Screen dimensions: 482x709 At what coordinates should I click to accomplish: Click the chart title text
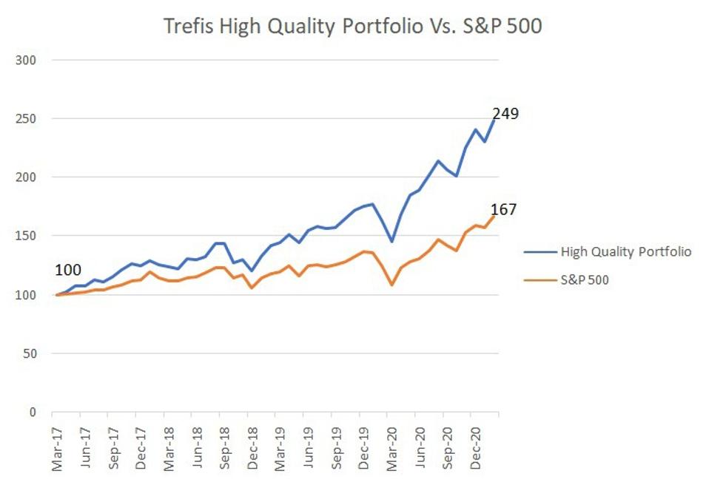click(x=353, y=27)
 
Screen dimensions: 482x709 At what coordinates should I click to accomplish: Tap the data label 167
click(x=503, y=210)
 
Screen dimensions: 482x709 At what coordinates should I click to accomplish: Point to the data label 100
click(x=67, y=271)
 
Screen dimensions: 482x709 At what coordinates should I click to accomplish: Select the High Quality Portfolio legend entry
click(x=608, y=252)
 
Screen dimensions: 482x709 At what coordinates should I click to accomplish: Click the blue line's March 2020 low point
click(x=392, y=242)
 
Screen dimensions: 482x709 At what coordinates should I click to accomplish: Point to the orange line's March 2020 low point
click(x=392, y=285)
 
